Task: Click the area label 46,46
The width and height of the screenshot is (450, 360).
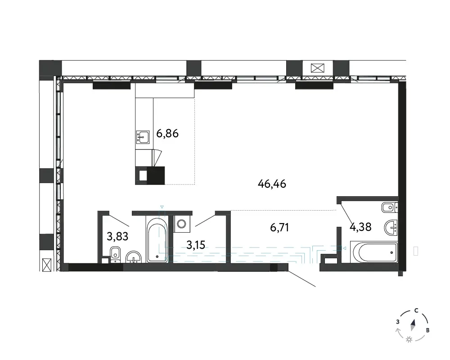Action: click(272, 184)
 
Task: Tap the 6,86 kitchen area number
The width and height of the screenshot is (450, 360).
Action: click(167, 134)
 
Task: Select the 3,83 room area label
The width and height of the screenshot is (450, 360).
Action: click(117, 237)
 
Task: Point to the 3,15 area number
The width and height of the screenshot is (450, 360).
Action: click(196, 245)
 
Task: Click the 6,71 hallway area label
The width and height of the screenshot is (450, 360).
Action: click(279, 227)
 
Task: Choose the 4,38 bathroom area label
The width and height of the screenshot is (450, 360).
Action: click(360, 227)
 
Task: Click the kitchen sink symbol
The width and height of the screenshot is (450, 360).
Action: click(143, 137)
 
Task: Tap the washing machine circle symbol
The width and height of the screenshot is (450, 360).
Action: click(182, 223)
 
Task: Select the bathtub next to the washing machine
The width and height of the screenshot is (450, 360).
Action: click(157, 239)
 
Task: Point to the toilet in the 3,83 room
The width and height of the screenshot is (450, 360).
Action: click(115, 255)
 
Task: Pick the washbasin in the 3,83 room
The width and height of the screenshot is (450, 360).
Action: click(134, 257)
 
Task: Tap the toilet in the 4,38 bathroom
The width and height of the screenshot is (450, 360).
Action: click(390, 207)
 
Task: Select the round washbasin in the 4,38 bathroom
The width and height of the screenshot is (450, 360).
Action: click(391, 227)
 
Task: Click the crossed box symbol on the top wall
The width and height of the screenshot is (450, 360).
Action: click(317, 68)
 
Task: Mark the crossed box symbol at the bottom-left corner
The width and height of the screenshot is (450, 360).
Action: click(46, 265)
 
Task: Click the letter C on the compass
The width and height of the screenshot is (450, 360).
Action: click(416, 310)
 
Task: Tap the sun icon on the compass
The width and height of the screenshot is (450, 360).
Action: click(409, 340)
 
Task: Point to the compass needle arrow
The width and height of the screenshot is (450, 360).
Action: click(413, 325)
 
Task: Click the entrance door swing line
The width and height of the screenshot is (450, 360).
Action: click(302, 279)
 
